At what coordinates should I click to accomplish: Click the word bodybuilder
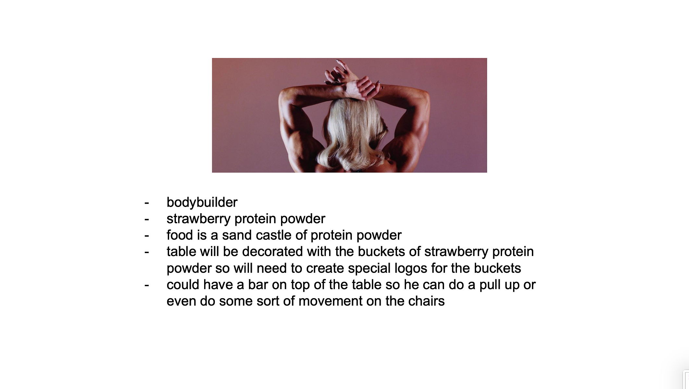coord(202,202)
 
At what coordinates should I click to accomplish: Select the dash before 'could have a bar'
coord(147,285)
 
